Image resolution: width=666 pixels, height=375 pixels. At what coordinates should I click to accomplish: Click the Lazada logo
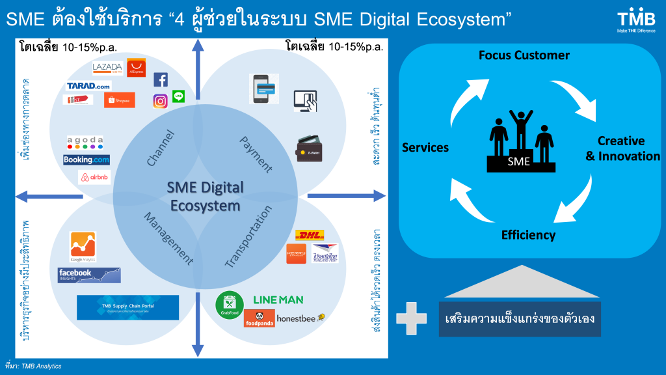click(x=108, y=68)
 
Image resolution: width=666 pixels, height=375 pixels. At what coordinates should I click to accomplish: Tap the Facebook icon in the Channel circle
click(x=161, y=79)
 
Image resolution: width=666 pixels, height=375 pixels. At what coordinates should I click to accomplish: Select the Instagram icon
click(x=160, y=101)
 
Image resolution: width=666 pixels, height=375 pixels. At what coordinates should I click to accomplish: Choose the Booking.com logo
click(x=87, y=160)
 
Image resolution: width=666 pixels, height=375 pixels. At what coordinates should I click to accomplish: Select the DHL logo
click(x=309, y=235)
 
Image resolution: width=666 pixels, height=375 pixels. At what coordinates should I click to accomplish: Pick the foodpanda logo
click(x=259, y=318)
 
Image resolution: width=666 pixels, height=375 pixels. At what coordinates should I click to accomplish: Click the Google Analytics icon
click(x=83, y=247)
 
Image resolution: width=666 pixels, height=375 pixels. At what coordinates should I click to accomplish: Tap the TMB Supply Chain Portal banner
click(x=127, y=307)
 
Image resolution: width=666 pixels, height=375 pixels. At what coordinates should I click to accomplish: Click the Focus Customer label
click(x=524, y=55)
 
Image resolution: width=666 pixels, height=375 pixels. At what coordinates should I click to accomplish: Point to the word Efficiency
click(x=528, y=235)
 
